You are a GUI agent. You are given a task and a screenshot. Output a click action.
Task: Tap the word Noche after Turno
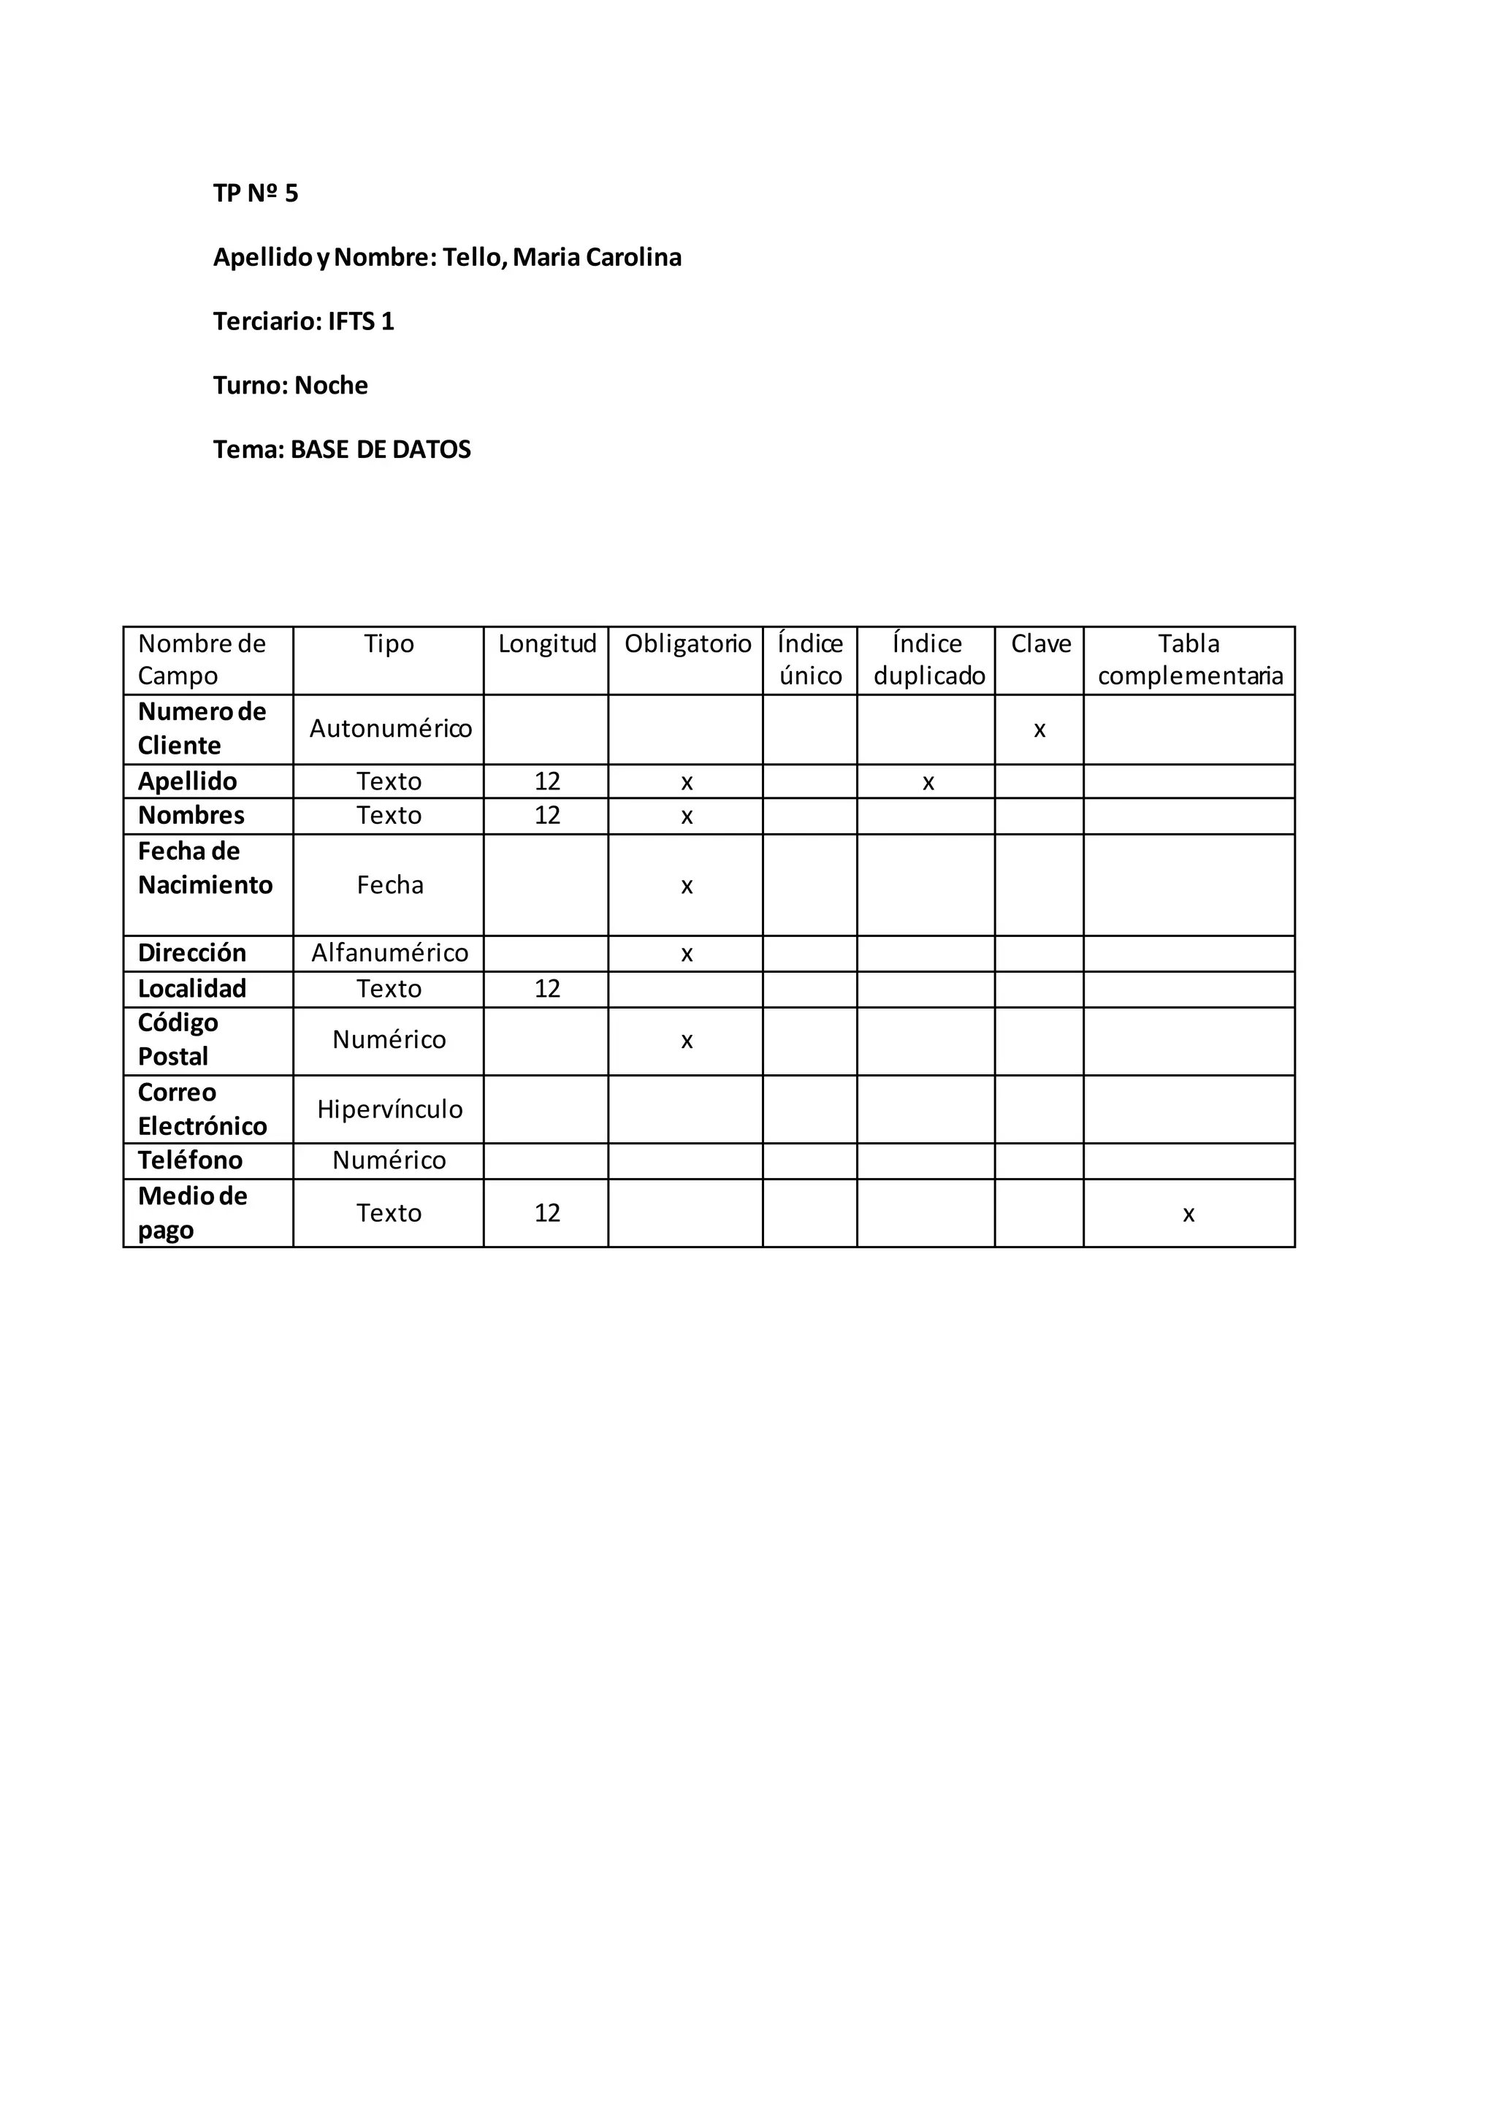331,385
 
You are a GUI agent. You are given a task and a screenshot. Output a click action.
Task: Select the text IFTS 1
360,321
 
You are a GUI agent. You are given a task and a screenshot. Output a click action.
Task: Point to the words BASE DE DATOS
381,450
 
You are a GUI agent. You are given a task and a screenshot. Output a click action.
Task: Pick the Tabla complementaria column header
1189,659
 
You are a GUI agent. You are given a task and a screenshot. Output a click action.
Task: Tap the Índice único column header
809,659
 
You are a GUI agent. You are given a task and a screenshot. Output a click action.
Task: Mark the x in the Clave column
1039,730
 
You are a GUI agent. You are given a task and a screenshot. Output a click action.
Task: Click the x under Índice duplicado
928,783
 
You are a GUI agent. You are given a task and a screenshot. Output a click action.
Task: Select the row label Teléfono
190,1160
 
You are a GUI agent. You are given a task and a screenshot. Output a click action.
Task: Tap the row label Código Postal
178,1040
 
